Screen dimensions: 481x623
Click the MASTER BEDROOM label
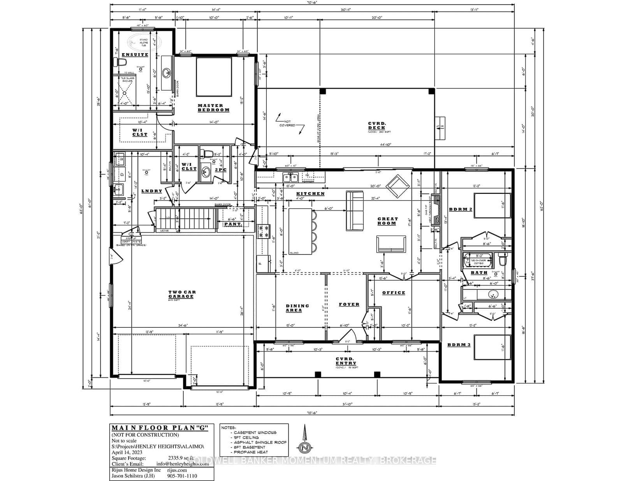pos(213,108)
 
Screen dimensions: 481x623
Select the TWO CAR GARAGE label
pos(182,294)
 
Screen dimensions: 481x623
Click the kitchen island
pos(300,231)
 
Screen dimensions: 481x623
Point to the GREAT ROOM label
pos(387,221)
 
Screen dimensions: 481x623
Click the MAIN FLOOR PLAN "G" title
pos(160,428)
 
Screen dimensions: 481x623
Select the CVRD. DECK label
pos(377,126)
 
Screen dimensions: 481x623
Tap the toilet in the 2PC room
pos(208,153)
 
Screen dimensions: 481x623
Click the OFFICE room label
pos(393,293)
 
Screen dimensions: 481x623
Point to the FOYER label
pos(348,304)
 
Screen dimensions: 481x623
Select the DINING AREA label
pos(297,308)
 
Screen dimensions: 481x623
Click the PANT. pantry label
pos(233,225)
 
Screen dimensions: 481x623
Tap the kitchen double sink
pos(290,177)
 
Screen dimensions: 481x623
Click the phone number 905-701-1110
pos(183,476)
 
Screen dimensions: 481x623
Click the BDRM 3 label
pos(459,345)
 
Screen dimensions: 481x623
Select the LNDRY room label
pos(151,191)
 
